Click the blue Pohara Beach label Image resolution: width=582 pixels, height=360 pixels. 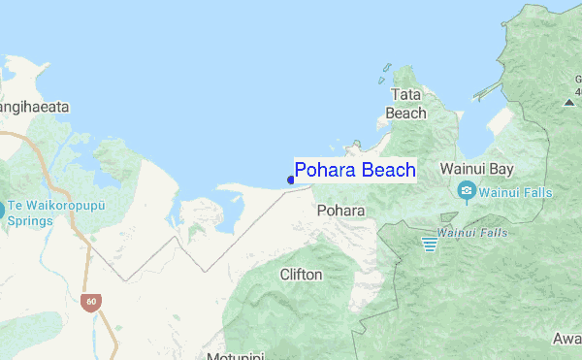click(x=355, y=171)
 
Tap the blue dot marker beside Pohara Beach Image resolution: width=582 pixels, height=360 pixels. click(x=291, y=180)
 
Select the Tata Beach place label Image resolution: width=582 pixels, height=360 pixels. click(x=405, y=104)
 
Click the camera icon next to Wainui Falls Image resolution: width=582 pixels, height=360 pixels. click(x=467, y=191)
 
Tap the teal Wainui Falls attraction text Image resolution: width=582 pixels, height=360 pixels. click(x=515, y=192)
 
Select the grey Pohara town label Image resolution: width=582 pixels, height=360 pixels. click(x=340, y=210)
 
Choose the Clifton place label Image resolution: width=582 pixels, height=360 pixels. click(x=301, y=275)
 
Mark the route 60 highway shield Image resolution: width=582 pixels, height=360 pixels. click(x=90, y=302)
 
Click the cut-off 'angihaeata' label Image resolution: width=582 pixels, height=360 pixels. click(x=35, y=108)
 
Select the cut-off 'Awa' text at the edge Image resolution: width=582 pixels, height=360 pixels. click(x=566, y=339)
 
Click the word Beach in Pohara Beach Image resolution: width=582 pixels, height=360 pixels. click(x=388, y=171)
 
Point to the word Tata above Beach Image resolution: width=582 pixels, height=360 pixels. click(x=405, y=95)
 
